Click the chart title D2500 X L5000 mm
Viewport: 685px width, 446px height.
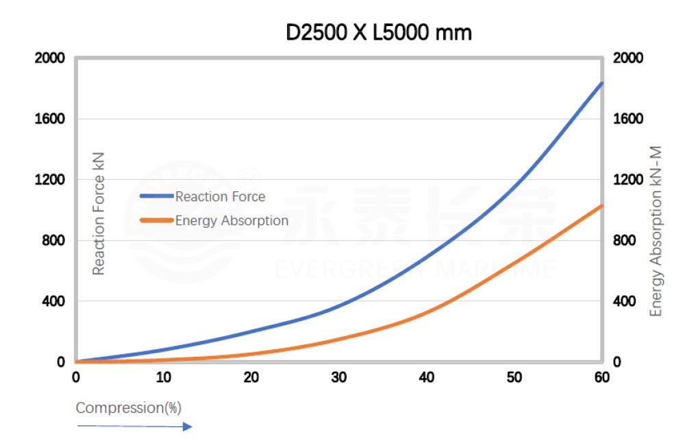click(x=379, y=32)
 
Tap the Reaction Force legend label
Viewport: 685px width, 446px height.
click(x=220, y=197)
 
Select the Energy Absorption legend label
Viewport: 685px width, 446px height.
click(x=232, y=221)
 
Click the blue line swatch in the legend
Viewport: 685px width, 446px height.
click(x=156, y=197)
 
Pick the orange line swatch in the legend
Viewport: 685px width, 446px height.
click(x=156, y=221)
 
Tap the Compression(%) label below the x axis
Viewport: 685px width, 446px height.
click(x=128, y=408)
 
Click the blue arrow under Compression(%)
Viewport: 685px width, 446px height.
click(x=134, y=427)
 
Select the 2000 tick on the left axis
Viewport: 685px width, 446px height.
click(x=49, y=58)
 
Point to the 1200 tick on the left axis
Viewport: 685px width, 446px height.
click(x=49, y=180)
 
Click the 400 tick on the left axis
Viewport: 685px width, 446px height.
click(x=53, y=301)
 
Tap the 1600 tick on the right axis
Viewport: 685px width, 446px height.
click(x=629, y=119)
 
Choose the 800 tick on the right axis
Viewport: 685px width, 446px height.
click(x=625, y=241)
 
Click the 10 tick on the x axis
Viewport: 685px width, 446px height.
click(x=163, y=377)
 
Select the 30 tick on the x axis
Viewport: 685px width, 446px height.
click(x=338, y=377)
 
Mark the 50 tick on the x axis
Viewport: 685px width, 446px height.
click(x=514, y=377)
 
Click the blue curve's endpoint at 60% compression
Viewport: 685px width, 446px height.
click(x=601, y=83)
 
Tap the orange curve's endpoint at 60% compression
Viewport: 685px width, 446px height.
click(x=601, y=205)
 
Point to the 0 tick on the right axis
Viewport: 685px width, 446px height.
click(x=617, y=362)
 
